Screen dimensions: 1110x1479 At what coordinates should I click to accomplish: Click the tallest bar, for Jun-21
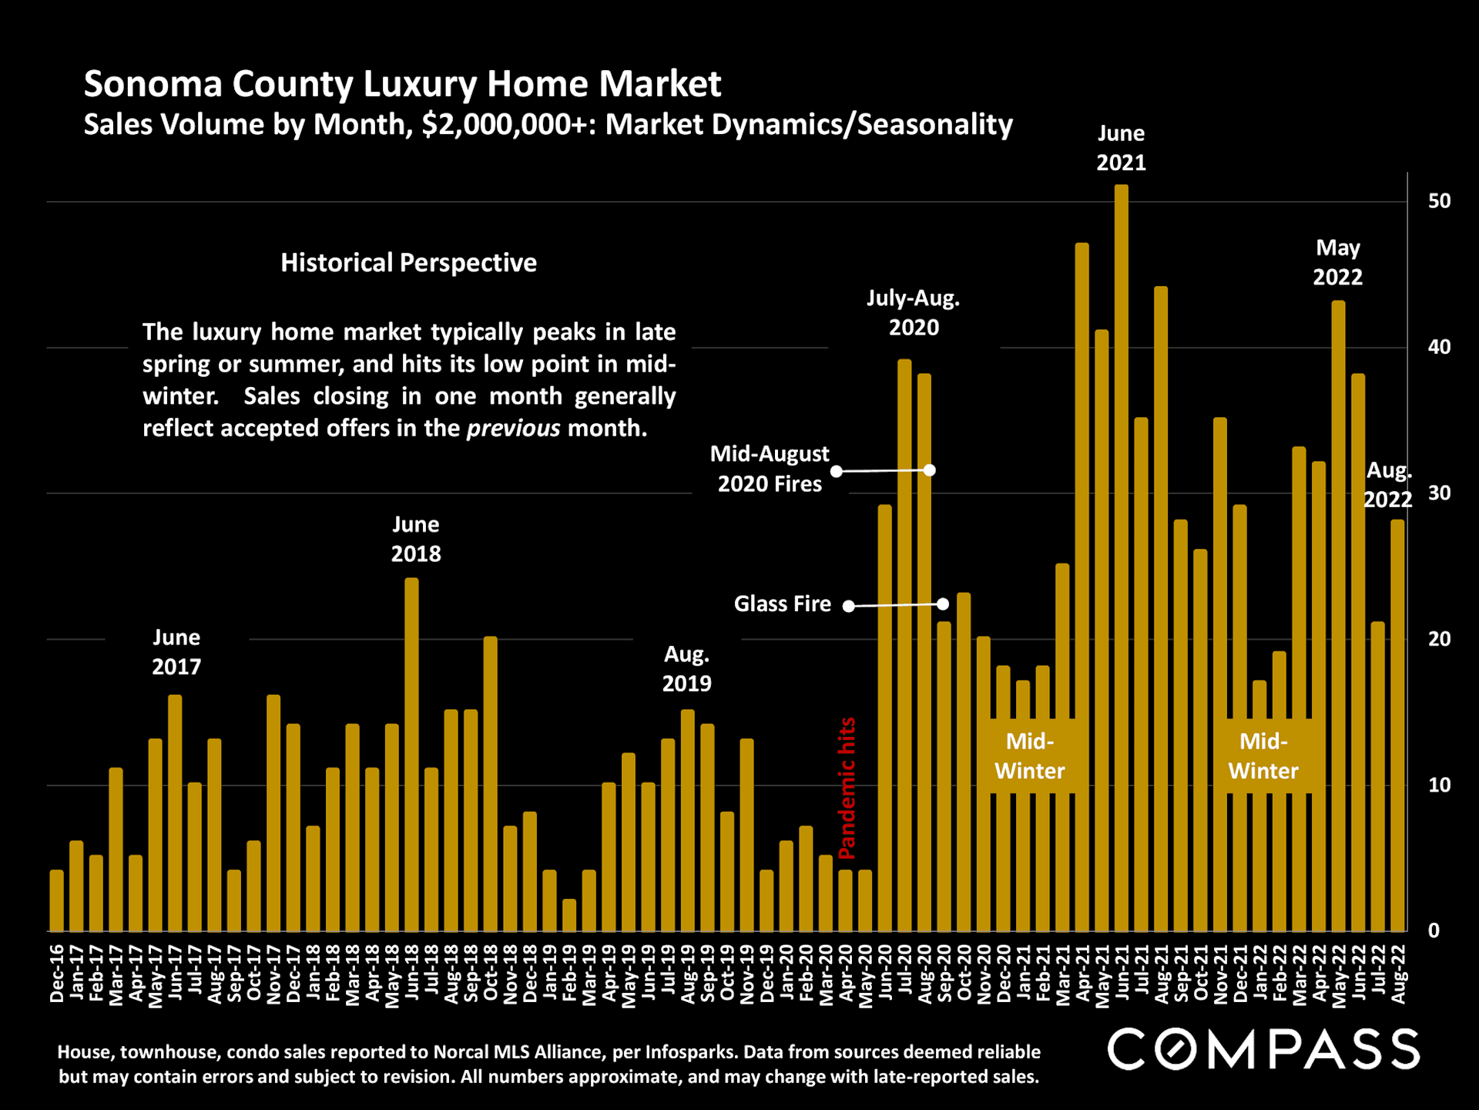pyautogui.click(x=1121, y=558)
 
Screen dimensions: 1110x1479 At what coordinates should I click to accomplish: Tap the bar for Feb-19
pyautogui.click(x=569, y=915)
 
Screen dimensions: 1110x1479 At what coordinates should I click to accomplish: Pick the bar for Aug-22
pyautogui.click(x=1397, y=725)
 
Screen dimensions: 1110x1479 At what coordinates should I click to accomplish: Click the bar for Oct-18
pyautogui.click(x=491, y=783)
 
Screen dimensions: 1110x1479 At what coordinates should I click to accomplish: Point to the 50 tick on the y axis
pyautogui.click(x=1439, y=201)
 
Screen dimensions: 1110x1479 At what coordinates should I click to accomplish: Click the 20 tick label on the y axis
pyautogui.click(x=1439, y=639)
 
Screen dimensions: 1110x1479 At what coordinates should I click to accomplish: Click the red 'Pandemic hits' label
pyautogui.click(x=847, y=788)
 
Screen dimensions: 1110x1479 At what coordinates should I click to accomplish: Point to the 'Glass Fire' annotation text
pyautogui.click(x=782, y=604)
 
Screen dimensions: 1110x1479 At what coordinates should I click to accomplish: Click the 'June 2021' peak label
pyautogui.click(x=1121, y=148)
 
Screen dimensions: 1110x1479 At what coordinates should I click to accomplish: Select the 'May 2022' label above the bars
pyautogui.click(x=1337, y=262)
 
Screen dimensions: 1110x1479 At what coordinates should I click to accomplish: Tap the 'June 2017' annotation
pyautogui.click(x=176, y=652)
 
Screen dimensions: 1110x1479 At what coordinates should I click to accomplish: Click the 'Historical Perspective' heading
pyautogui.click(x=408, y=263)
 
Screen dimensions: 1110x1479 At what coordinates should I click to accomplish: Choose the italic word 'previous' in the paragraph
pyautogui.click(x=513, y=428)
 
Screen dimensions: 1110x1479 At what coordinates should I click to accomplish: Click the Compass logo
pyautogui.click(x=1263, y=1049)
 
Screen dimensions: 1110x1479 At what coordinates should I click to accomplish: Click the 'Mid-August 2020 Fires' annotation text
pyautogui.click(x=770, y=469)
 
